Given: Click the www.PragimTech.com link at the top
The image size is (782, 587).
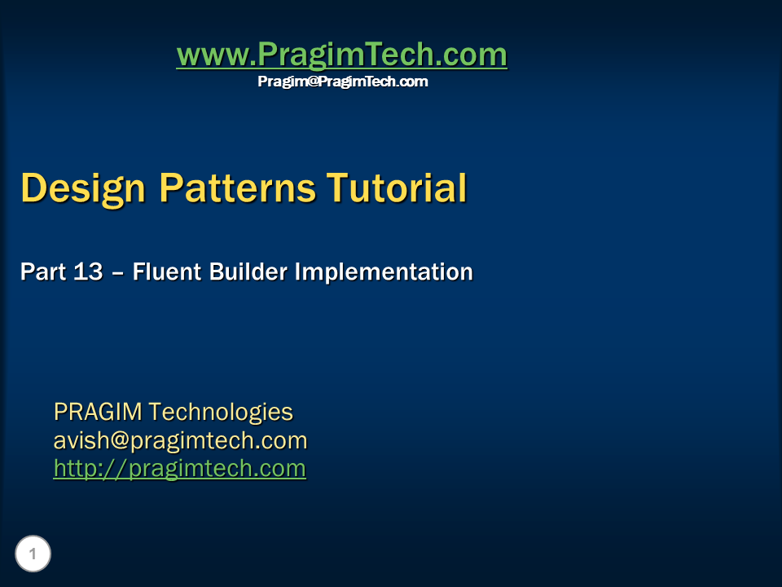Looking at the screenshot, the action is [341, 54].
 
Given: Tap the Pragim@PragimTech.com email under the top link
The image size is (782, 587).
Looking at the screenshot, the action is [343, 82].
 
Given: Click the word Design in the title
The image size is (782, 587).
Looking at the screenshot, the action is [83, 188].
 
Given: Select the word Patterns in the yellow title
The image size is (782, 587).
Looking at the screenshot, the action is [237, 188].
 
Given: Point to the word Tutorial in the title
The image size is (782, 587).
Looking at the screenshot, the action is [397, 188].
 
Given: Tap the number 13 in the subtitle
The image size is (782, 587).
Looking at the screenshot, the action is [88, 272].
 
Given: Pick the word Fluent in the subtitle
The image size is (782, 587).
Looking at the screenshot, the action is [166, 272].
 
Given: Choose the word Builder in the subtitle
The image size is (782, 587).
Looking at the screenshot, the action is [248, 272].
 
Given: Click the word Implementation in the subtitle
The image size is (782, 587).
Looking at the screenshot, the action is [384, 272].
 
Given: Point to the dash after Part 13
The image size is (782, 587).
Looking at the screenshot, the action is [117, 275].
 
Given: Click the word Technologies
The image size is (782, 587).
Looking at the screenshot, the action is [221, 413].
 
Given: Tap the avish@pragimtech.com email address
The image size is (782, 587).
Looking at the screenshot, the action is [180, 441].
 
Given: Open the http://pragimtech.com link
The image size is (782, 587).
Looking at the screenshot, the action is [179, 469].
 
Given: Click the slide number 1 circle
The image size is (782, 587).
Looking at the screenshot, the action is [33, 554].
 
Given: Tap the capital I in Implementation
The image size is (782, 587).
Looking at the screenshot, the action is [298, 272].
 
